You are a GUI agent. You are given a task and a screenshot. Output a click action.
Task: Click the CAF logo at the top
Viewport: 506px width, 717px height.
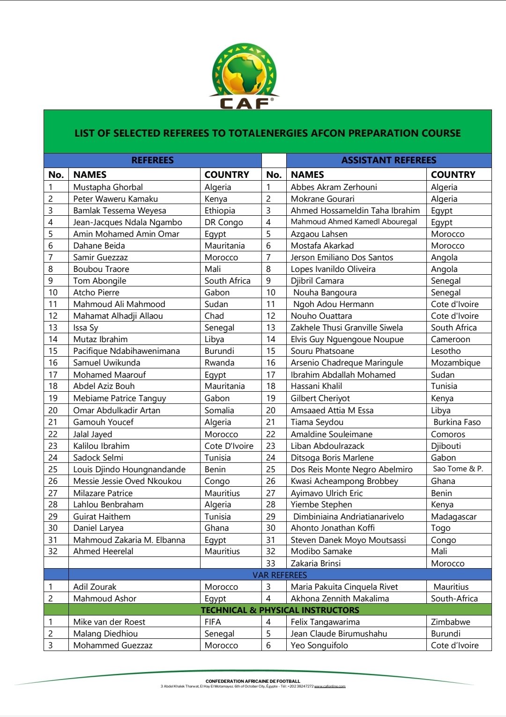(x=244, y=76)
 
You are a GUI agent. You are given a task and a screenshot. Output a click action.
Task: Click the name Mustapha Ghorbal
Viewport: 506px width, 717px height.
(x=108, y=187)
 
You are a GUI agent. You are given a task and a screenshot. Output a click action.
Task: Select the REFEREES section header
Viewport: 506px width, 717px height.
(x=152, y=160)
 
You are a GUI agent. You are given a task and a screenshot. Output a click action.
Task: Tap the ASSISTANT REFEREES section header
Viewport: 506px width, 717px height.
(x=388, y=160)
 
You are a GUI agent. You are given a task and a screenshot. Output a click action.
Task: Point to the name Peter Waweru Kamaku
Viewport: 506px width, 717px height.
(x=115, y=199)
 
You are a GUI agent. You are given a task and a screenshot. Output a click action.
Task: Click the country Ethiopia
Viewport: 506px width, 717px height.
(x=220, y=211)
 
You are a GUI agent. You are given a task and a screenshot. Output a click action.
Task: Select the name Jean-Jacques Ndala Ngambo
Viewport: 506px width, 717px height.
(x=127, y=222)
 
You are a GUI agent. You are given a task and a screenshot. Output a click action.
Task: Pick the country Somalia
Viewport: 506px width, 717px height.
(x=219, y=410)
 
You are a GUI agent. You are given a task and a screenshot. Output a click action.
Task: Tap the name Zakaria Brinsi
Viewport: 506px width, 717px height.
(x=315, y=563)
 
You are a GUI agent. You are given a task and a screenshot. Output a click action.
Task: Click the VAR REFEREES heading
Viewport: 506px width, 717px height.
(x=280, y=575)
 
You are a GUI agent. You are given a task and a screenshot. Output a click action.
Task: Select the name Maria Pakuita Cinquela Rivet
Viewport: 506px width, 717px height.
(x=344, y=587)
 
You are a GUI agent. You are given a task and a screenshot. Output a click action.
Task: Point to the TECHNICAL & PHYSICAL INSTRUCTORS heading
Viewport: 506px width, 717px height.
(x=280, y=610)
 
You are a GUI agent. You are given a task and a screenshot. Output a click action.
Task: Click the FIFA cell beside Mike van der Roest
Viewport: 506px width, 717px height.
(x=213, y=622)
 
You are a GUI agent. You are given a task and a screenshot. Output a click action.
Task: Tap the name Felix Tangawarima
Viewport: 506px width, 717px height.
(x=325, y=622)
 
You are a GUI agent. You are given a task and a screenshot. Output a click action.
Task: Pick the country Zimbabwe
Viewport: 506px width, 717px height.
(x=450, y=622)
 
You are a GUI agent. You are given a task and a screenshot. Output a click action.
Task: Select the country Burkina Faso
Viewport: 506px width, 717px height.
(x=457, y=422)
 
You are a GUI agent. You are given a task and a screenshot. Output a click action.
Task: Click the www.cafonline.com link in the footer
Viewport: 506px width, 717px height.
(x=329, y=687)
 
